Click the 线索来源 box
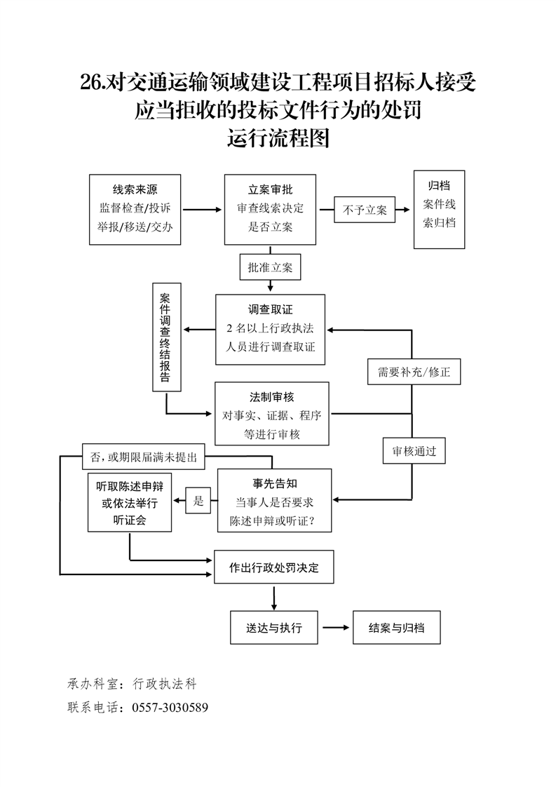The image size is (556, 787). (x=135, y=209)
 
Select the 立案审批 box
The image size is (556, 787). (x=270, y=209)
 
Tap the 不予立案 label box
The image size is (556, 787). (x=365, y=210)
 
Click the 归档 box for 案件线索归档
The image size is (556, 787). (x=439, y=209)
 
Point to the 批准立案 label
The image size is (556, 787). (x=270, y=267)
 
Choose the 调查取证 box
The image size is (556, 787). (x=270, y=329)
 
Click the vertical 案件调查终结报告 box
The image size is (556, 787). (x=167, y=337)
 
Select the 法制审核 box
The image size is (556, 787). (x=272, y=414)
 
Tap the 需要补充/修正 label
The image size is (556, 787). (x=414, y=372)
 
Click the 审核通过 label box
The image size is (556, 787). (x=414, y=451)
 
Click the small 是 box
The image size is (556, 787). (x=198, y=501)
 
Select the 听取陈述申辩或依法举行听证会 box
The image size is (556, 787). (x=130, y=503)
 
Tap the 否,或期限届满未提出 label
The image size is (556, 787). (x=143, y=457)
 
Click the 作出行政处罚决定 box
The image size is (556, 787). (x=273, y=567)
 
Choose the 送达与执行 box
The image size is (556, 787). (x=274, y=628)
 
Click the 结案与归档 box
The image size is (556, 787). (x=397, y=628)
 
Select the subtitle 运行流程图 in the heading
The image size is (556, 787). (x=278, y=138)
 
